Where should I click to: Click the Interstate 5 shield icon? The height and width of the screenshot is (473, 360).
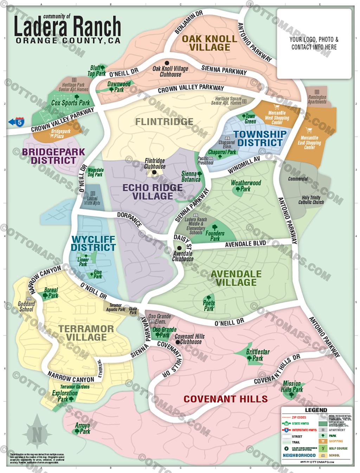(x=20, y=122)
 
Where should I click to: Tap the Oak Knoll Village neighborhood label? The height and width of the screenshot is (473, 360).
(x=210, y=43)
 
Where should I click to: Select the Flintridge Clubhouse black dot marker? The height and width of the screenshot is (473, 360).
(x=154, y=172)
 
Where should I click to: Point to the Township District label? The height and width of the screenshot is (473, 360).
(x=260, y=138)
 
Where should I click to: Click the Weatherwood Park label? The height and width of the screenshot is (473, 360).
(x=246, y=186)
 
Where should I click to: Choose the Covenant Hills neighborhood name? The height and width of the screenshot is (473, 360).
(x=225, y=399)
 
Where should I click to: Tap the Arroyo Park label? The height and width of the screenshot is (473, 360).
(x=83, y=428)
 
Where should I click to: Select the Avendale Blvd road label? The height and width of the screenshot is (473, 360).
(x=245, y=244)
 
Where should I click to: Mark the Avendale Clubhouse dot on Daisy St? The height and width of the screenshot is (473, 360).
(x=179, y=248)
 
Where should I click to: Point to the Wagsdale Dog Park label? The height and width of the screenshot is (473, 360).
(x=95, y=172)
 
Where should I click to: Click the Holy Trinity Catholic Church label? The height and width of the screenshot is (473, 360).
(x=311, y=200)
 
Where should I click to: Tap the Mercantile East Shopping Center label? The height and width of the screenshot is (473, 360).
(x=309, y=143)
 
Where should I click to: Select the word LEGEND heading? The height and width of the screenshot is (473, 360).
(x=316, y=410)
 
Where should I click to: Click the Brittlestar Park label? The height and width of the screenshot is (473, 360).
(x=258, y=355)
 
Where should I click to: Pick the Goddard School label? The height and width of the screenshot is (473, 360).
(x=26, y=306)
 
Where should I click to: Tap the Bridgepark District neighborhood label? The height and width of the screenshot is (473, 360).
(x=53, y=156)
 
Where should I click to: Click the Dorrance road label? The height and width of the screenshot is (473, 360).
(x=129, y=219)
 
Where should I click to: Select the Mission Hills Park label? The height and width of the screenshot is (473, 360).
(x=292, y=387)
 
